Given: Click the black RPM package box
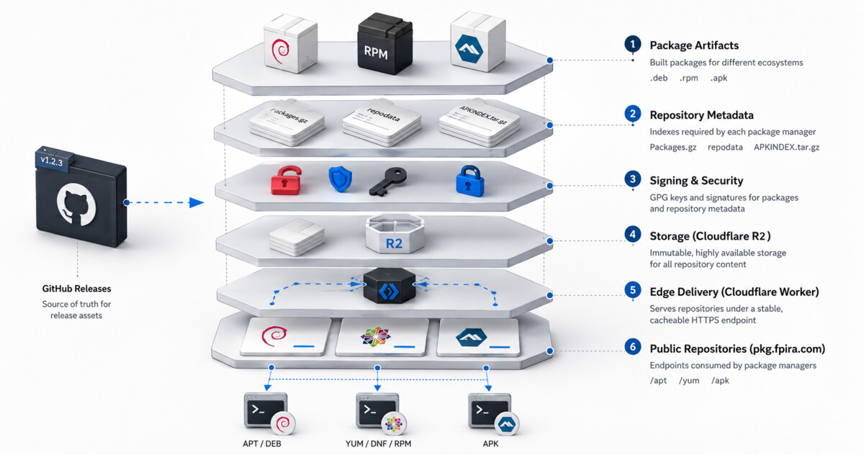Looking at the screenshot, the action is point(384,44).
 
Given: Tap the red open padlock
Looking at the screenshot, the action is point(286,181).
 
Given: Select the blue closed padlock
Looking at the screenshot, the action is point(469,181).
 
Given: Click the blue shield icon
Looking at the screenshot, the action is point(340,179).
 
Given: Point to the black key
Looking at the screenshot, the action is point(387,181).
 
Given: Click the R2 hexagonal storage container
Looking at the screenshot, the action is point(395,234).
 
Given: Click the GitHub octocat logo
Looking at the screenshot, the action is point(76,204).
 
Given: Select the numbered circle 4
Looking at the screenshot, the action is point(633,235).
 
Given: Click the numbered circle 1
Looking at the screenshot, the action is point(633,44).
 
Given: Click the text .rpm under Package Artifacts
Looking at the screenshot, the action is point(689,78).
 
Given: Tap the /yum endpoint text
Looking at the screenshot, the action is point(689,381).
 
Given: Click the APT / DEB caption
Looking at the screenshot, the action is point(262,443).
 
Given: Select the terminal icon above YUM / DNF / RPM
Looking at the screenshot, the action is point(377,410).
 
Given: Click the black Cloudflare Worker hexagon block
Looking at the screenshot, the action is point(390,285).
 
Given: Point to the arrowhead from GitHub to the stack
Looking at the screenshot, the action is point(197,202).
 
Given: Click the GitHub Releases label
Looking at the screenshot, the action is point(76,289).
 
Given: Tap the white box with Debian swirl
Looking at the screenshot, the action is point(290,43).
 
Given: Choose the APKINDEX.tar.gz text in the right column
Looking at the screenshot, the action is point(786,148).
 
